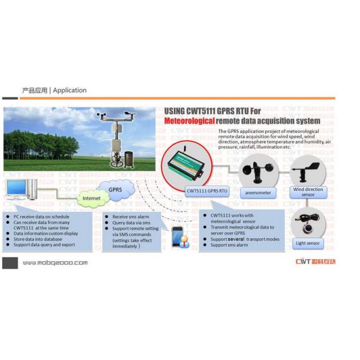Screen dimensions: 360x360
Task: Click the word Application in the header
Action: pos(70,91)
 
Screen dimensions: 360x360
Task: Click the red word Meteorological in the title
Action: pos(190,121)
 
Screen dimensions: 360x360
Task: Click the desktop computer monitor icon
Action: pos(17,190)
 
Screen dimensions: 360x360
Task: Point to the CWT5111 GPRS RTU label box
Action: pos(207,191)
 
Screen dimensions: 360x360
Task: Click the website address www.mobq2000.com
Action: pos(55,263)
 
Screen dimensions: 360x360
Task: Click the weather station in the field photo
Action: pos(119,141)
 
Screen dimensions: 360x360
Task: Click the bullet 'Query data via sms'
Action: pos(128,222)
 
